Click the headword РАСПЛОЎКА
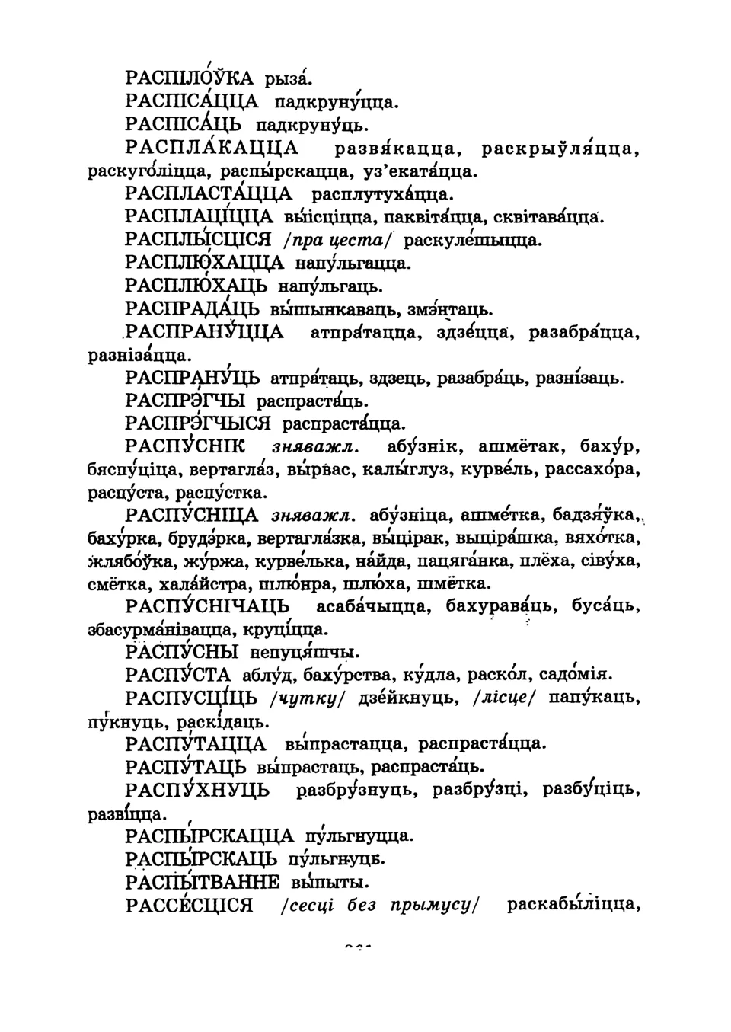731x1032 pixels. coord(190,78)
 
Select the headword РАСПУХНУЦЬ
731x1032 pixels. coord(197,791)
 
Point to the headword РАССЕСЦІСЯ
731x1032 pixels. coord(189,906)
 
